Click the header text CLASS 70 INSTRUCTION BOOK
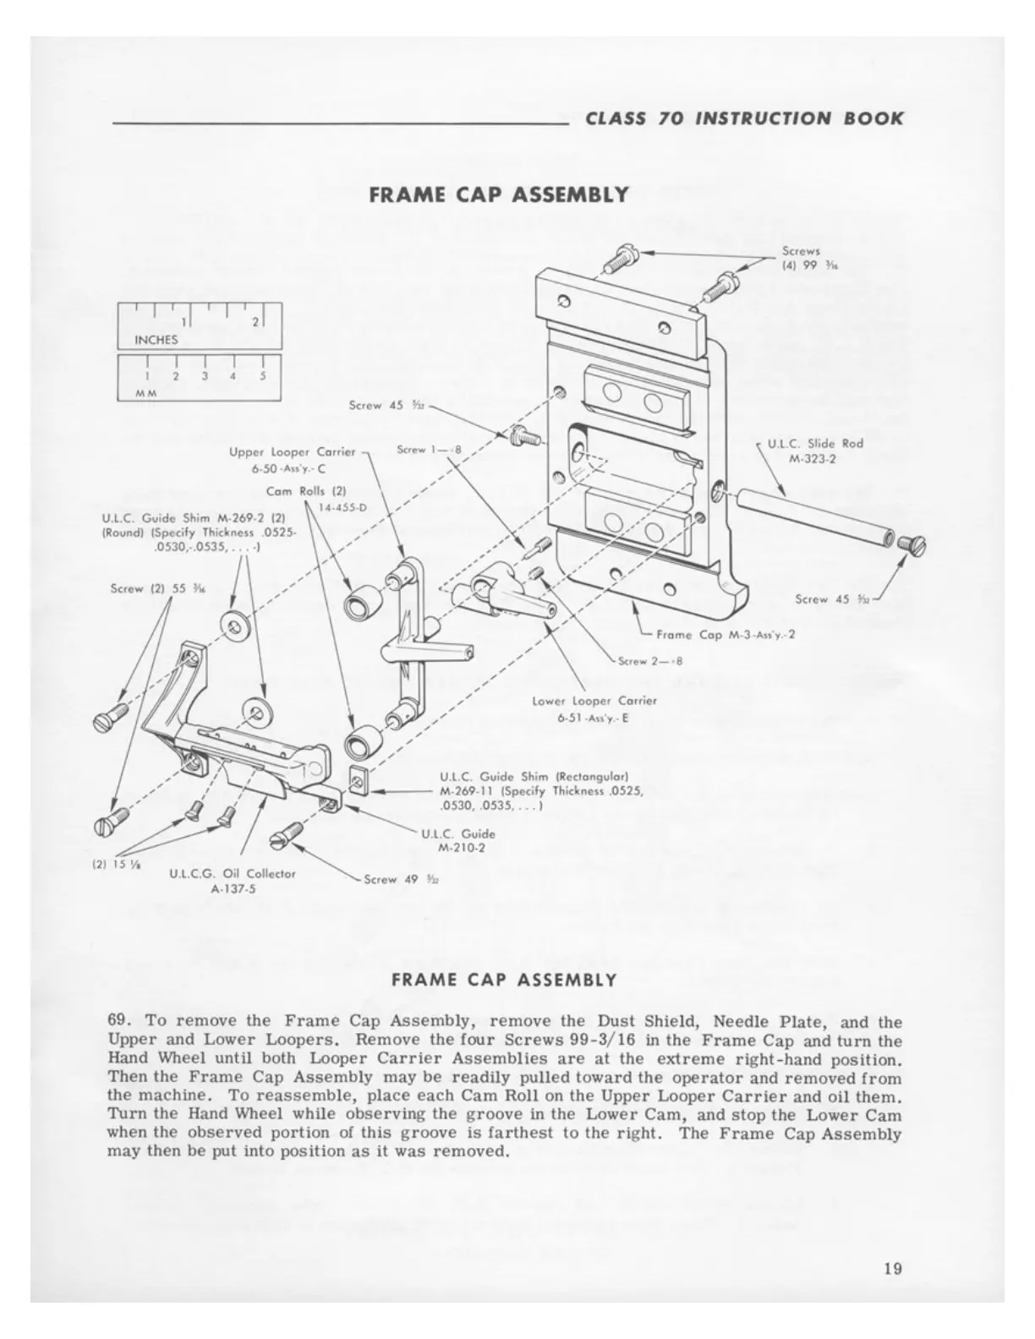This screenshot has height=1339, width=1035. point(743,118)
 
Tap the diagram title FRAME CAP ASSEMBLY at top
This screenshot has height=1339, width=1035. point(499,194)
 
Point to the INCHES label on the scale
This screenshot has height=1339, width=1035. point(156,340)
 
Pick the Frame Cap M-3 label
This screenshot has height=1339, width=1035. point(722,634)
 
